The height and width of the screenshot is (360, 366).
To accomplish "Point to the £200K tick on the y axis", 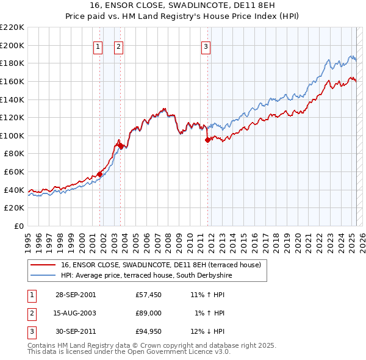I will tap(13, 45).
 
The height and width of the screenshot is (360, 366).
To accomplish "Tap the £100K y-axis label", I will tap(13, 135).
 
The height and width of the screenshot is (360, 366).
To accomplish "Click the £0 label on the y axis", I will tap(19, 226).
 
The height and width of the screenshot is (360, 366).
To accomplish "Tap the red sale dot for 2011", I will tap(208, 140).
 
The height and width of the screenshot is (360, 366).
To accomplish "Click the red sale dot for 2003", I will tap(121, 145).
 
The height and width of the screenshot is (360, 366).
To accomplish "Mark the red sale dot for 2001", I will tap(100, 174).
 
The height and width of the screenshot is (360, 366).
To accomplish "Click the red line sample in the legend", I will tap(43, 265).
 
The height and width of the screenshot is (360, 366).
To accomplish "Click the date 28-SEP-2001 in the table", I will tap(75, 294).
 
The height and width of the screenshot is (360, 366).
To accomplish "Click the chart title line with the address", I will tap(183, 7).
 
